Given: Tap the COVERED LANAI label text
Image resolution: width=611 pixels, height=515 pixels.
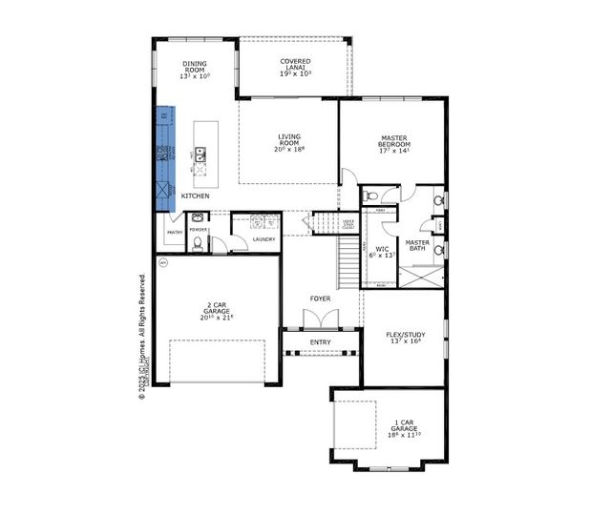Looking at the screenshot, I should [x=295, y=67].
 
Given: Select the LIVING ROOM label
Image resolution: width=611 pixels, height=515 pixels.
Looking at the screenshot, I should [x=288, y=142].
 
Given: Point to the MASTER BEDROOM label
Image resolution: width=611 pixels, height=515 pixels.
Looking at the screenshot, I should [x=394, y=143].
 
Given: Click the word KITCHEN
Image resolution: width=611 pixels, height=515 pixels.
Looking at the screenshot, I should [x=195, y=196].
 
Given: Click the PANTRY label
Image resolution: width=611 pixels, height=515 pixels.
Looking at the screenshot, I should [x=175, y=232].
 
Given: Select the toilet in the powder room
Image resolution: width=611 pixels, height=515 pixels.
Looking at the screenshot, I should [x=198, y=243].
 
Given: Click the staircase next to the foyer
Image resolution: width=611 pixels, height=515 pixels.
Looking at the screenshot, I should [x=349, y=257].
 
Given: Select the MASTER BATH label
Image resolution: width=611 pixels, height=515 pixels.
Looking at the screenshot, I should [x=417, y=246].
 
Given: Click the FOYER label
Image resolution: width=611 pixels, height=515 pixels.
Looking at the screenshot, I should [x=320, y=299].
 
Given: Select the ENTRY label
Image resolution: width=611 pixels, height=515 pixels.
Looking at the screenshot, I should [x=320, y=342].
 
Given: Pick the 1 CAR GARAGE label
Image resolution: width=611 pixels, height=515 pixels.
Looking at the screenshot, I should [x=403, y=429].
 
